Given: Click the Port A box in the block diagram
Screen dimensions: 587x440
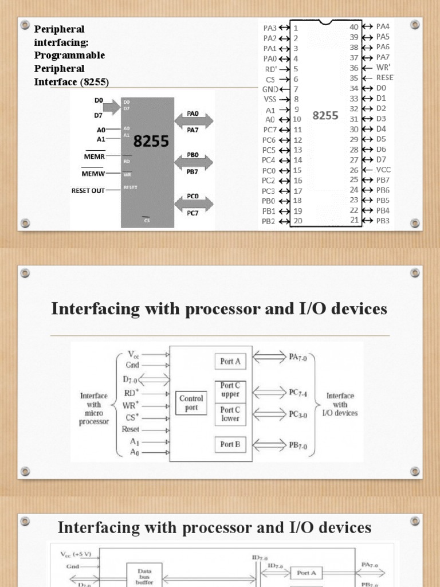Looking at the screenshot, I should click(x=230, y=361).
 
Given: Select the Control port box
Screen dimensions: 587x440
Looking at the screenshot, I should click(x=191, y=402).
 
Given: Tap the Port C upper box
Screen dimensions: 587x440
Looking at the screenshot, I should click(x=230, y=390).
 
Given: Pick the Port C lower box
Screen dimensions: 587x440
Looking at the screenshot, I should click(x=230, y=414).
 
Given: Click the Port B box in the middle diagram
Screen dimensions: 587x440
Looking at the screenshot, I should click(x=230, y=444).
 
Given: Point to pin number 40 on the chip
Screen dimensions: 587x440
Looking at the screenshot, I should click(x=353, y=26).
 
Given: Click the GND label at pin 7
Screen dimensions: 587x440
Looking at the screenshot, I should click(x=270, y=89).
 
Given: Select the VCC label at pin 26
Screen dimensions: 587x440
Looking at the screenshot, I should click(x=384, y=170).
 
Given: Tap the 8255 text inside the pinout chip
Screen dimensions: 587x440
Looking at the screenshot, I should click(x=325, y=115).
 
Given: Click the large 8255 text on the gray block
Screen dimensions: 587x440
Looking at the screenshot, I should click(x=151, y=140).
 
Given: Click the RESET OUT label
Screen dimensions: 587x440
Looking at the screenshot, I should click(x=88, y=191).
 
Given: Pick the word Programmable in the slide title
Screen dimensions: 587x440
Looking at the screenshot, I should click(x=70, y=55).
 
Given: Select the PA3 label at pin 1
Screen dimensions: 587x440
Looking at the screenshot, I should click(x=270, y=28).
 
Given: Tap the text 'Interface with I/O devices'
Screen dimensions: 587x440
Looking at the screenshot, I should click(x=342, y=404).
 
